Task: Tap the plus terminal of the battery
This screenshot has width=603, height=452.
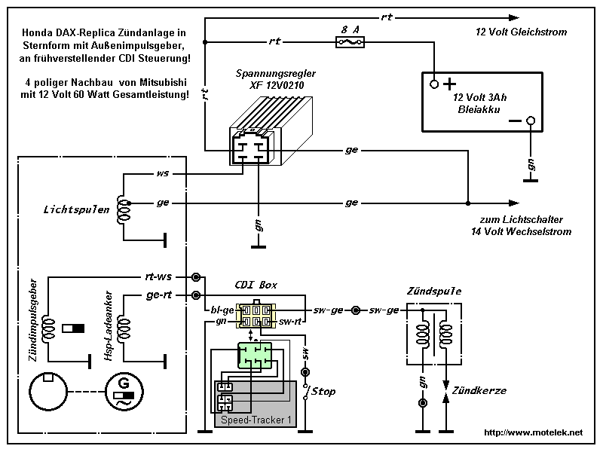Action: click(x=435, y=84)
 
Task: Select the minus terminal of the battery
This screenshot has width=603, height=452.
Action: click(x=531, y=121)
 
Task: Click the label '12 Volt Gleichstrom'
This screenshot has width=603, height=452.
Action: click(x=521, y=32)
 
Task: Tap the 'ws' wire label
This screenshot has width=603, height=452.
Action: click(x=162, y=173)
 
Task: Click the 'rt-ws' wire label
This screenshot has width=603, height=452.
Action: click(x=159, y=276)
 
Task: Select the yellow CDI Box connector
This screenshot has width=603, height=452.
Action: click(x=256, y=315)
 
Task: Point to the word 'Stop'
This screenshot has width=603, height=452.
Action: click(x=323, y=392)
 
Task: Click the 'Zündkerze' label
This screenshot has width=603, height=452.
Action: click(x=479, y=391)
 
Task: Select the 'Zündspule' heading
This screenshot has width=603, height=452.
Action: click(x=433, y=291)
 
